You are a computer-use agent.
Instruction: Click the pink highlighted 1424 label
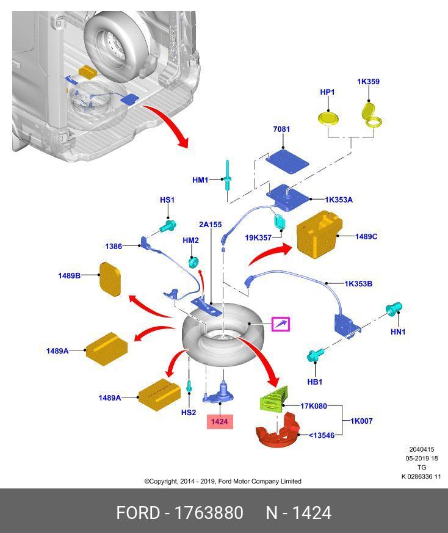[219, 421]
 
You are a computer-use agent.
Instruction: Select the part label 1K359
[368, 81]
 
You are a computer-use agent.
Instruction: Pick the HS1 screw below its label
[167, 227]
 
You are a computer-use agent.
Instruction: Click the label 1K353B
[358, 283]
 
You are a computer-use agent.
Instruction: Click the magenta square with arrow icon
[280, 324]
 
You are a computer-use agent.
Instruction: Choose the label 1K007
[362, 421]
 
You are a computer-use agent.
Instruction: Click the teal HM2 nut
[192, 261]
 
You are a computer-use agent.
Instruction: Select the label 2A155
[210, 225]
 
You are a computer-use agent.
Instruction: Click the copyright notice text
[223, 481]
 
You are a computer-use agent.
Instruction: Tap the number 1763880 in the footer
[209, 512]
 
